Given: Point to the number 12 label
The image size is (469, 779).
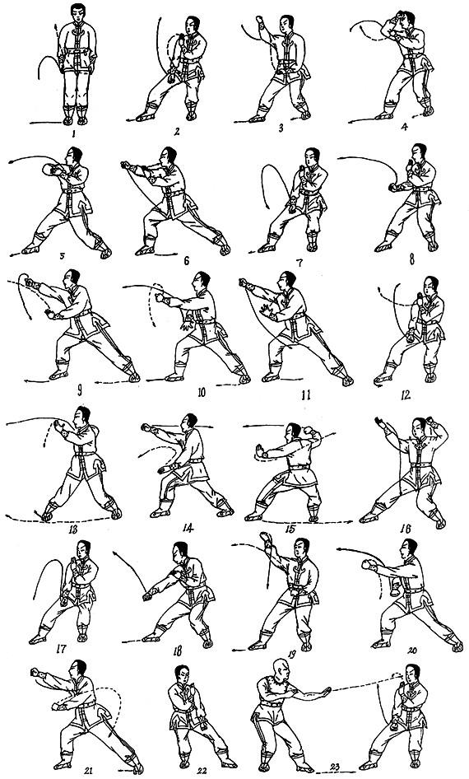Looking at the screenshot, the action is pos(405,395).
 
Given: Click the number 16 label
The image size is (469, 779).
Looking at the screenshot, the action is pos(405,528).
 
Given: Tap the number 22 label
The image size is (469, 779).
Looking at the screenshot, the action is pos(202,770).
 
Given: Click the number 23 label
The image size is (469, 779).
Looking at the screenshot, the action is pos(335,767).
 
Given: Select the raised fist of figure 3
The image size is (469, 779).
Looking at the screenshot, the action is pos(259,20).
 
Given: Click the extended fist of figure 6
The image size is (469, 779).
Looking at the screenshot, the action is pos(125,166).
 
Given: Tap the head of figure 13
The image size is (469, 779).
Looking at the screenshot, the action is pos(82,415).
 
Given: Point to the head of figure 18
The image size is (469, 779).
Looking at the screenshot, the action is pos(179,551).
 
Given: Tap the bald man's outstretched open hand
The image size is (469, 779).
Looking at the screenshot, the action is pos(325,691).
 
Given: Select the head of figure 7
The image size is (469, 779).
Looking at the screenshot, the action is pos(311,157).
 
